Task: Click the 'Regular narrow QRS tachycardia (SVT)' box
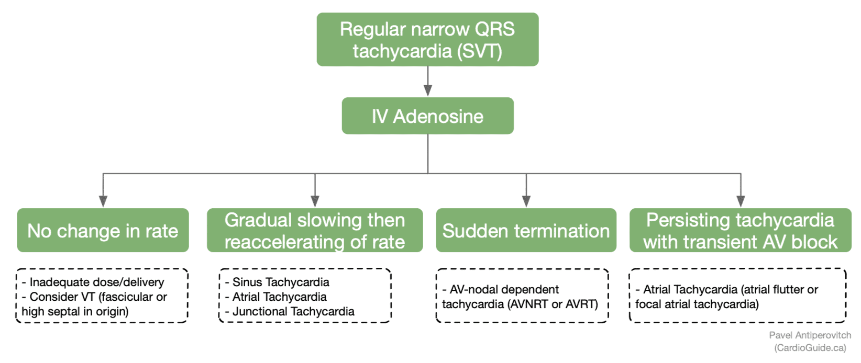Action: pyautogui.click(x=427, y=40)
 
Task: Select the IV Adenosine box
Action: pyautogui.click(x=427, y=116)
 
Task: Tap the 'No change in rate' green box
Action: pyautogui.click(x=103, y=231)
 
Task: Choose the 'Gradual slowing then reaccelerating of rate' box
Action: pyautogui.click(x=314, y=231)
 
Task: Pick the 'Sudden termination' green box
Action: pyautogui.click(x=526, y=231)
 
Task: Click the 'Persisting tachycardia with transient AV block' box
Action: pyautogui.click(x=740, y=231)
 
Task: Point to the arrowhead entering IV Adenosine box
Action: pyautogui.click(x=428, y=90)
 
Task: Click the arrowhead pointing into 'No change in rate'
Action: pyautogui.click(x=103, y=201)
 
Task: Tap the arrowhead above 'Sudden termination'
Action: pyautogui.click(x=526, y=201)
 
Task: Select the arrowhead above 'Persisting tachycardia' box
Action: pyautogui.click(x=741, y=201)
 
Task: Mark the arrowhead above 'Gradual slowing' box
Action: pyautogui.click(x=315, y=201)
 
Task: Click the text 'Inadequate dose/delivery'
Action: pyautogui.click(x=97, y=282)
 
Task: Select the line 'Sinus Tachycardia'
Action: pyautogui.click(x=281, y=282)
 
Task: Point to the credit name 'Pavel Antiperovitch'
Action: pyautogui.click(x=810, y=335)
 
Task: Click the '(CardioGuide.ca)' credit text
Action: pyautogui.click(x=810, y=348)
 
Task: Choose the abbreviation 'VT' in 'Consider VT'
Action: pyautogui.click(x=87, y=297)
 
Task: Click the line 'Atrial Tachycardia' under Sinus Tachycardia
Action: pyautogui.click(x=279, y=297)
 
